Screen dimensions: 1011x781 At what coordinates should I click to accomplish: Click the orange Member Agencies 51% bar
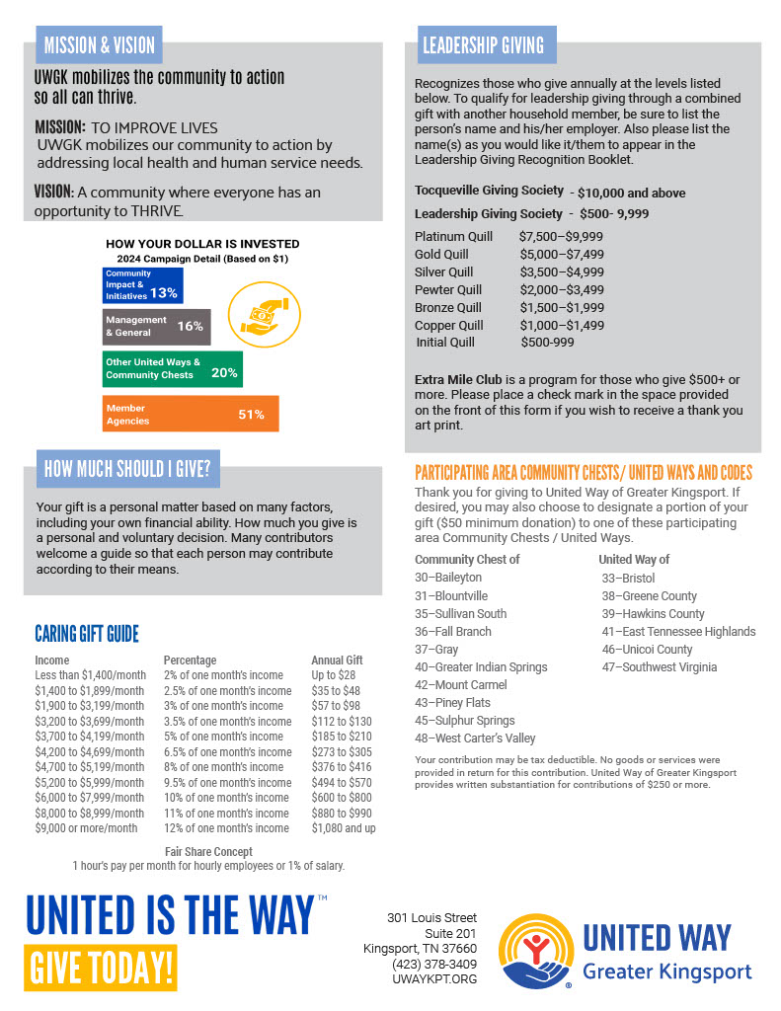(191, 414)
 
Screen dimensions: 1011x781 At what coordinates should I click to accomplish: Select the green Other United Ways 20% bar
(172, 368)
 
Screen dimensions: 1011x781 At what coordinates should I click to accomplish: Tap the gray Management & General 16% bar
(156, 326)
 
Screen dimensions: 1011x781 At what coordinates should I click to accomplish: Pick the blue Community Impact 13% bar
(143, 284)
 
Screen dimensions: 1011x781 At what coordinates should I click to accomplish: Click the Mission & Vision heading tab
(99, 45)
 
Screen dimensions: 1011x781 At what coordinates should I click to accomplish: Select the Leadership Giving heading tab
(483, 45)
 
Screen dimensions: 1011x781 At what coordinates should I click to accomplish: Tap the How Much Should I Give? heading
(126, 470)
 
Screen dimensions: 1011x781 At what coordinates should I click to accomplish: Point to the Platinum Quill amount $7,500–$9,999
(561, 237)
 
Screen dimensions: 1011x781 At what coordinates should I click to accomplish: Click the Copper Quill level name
(449, 326)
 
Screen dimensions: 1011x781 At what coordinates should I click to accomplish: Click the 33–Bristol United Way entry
(628, 579)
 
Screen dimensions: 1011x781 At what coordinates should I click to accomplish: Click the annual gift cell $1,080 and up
(343, 828)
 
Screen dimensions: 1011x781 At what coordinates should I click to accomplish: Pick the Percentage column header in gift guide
(190, 661)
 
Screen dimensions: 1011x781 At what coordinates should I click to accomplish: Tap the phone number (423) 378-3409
(434, 964)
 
